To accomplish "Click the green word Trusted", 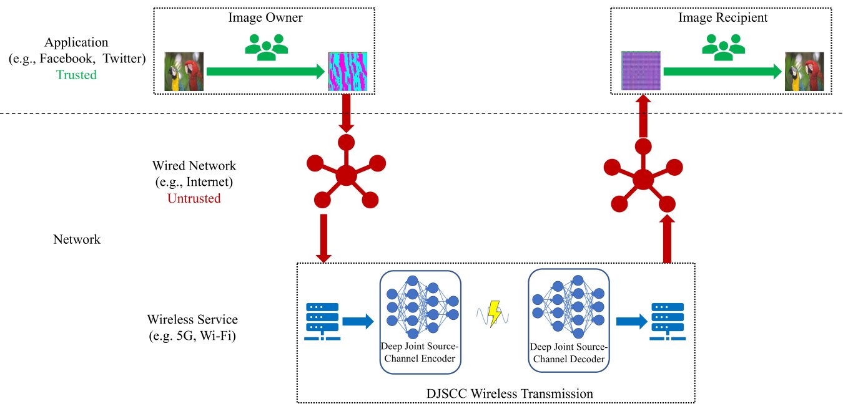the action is [76, 75].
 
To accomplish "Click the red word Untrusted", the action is [194, 198].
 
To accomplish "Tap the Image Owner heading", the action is [265, 17].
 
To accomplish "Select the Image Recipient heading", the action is [722, 17].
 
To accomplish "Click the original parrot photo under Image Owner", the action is [184, 72].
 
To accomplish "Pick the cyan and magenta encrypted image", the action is [348, 72].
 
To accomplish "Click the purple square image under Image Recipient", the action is [641, 70].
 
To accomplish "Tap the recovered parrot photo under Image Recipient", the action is [804, 72].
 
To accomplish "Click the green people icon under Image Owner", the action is [267, 47].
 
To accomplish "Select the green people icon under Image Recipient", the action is [723, 47].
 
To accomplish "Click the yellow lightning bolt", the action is [494, 314].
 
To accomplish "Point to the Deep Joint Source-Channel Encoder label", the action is [420, 352].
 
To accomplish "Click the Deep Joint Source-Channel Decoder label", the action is [569, 353].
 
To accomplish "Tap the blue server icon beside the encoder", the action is [322, 322].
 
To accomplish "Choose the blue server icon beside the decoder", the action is [668, 322].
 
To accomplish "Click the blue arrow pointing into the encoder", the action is [358, 322].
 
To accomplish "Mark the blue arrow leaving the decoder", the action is [631, 322].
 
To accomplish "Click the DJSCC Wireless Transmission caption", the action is [510, 393].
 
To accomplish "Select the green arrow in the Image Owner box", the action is [265, 72].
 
